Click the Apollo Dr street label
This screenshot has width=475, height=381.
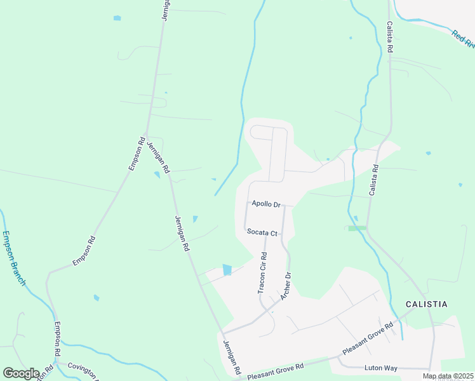coord(266,204)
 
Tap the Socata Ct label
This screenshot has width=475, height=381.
coord(262,233)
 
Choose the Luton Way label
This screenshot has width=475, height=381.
coord(380,368)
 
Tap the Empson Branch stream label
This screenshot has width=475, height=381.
coord(13,258)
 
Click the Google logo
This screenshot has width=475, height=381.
coord(21,373)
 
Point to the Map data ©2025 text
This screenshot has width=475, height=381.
coord(448,376)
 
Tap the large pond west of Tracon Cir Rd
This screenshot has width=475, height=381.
coord(227,270)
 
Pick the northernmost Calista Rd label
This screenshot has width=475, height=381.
coord(389,37)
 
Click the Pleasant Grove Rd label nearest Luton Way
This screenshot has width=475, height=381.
coord(368,338)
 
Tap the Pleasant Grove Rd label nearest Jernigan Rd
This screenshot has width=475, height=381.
coord(276,371)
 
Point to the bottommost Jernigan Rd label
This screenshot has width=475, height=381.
coord(232,356)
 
